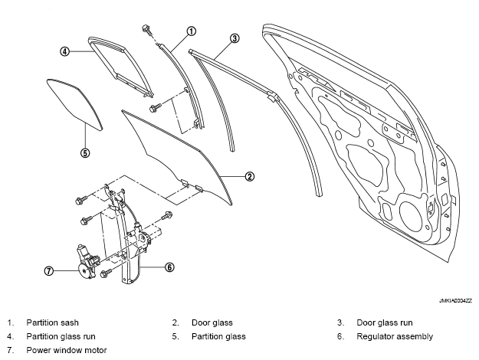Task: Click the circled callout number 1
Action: point(192,31)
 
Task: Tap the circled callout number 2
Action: point(249,176)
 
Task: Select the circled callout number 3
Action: point(235,38)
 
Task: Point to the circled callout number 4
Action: point(66,51)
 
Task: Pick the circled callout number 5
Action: point(85,152)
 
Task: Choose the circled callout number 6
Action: point(169,267)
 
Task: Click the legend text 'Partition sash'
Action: point(52,322)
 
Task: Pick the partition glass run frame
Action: point(119,65)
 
